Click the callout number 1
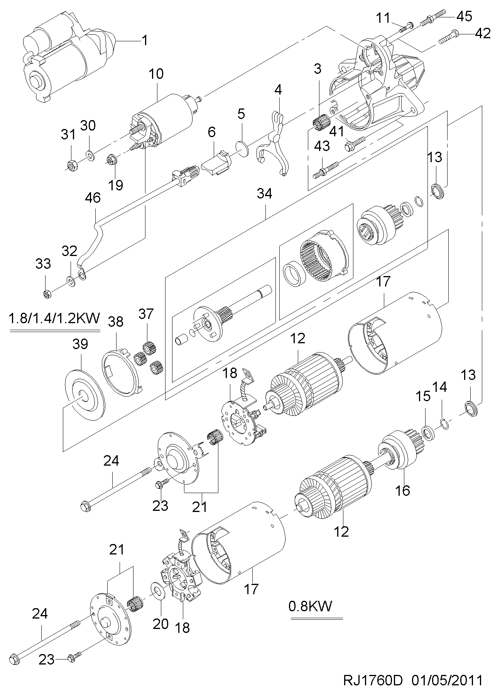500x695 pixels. [145, 41]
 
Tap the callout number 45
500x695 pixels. [464, 16]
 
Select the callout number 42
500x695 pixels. [483, 34]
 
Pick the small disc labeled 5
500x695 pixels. [242, 149]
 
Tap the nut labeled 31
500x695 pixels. [72, 165]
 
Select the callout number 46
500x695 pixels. [93, 198]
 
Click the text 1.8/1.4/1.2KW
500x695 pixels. [54, 319]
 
